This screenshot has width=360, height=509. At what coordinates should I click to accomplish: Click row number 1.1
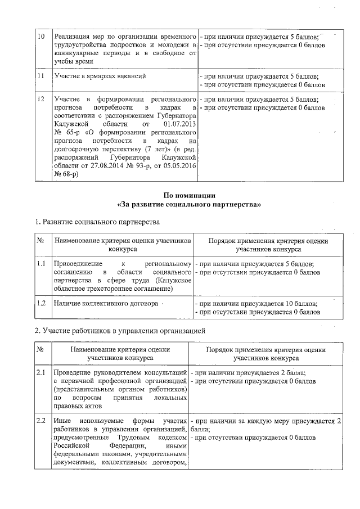coord(41,263)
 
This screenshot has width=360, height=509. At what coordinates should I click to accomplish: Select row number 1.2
coord(41,303)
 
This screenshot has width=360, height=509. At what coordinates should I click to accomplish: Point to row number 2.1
coord(41,372)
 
